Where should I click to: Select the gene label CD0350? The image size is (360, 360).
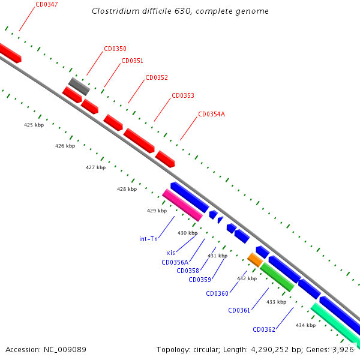(115, 49)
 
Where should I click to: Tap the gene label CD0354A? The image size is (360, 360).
(211, 114)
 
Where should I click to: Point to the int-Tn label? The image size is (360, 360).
(148, 239)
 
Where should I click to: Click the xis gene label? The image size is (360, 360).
(170, 253)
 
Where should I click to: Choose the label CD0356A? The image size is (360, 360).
(175, 262)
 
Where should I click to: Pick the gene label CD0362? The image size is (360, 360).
(264, 329)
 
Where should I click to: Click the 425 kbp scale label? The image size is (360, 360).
(34, 125)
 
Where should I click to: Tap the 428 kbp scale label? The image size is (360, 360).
(127, 189)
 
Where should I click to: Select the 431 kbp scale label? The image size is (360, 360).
(217, 256)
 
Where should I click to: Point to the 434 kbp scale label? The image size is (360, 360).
(305, 325)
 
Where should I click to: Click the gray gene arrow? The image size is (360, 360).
(79, 86)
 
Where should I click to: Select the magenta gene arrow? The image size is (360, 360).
(182, 205)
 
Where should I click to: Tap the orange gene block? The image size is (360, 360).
(254, 259)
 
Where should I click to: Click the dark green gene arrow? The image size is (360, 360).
(277, 277)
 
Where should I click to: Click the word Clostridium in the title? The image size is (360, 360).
(115, 11)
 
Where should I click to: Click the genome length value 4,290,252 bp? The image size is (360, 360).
(266, 349)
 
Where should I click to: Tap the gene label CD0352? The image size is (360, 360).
(157, 77)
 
